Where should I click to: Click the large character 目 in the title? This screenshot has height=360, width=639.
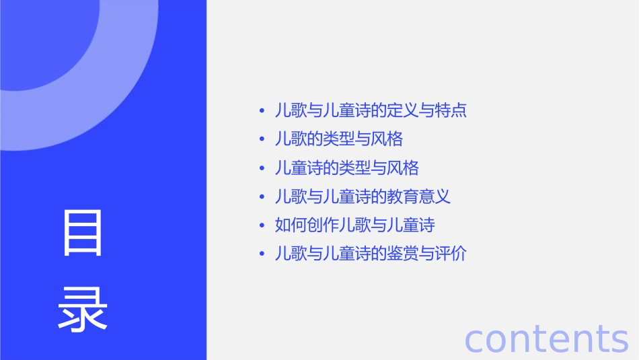83,233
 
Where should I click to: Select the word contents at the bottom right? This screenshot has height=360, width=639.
546,338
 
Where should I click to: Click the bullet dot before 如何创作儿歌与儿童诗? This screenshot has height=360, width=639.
262,225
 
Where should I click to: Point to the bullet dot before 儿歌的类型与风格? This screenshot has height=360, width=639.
262,139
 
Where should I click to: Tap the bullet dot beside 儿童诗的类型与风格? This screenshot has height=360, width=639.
262,168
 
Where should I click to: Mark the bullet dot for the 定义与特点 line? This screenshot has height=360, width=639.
262,110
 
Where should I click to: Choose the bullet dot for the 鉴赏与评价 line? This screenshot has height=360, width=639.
262,254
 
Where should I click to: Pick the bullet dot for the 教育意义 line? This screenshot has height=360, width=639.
262,196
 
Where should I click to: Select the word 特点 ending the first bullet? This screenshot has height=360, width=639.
451,110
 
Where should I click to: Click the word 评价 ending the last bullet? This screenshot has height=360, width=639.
451,254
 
